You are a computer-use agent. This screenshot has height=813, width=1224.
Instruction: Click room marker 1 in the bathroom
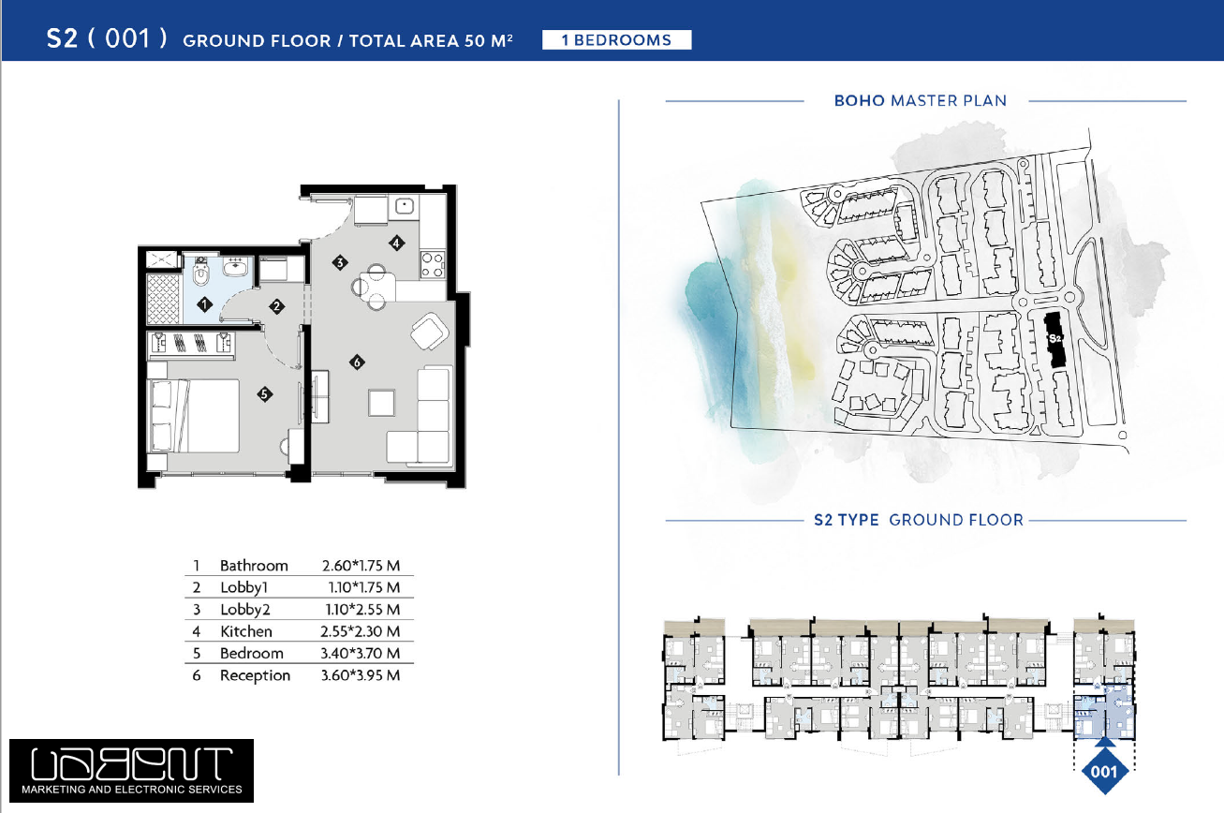click(x=204, y=303)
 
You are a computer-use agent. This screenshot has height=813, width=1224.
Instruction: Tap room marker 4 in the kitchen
click(x=397, y=243)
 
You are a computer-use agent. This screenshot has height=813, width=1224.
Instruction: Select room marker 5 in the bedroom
click(x=264, y=394)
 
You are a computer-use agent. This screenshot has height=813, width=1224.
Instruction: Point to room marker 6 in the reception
click(x=357, y=362)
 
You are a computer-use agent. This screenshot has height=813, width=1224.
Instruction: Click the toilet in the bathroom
click(x=201, y=272)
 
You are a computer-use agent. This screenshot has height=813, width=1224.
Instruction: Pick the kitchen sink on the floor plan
click(x=404, y=206)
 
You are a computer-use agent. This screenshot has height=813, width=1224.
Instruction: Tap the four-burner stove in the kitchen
click(x=433, y=264)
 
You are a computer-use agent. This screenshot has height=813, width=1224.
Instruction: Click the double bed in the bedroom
click(x=194, y=416)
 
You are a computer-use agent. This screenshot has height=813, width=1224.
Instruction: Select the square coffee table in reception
click(x=381, y=403)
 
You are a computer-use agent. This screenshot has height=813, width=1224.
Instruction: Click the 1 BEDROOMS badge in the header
click(x=616, y=40)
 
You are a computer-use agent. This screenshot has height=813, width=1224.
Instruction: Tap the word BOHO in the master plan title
click(x=859, y=100)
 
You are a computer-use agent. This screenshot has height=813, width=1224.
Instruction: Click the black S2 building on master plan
click(x=1054, y=340)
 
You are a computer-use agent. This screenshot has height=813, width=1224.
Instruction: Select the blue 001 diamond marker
click(x=1104, y=771)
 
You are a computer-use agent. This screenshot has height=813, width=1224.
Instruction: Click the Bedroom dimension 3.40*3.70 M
click(x=360, y=653)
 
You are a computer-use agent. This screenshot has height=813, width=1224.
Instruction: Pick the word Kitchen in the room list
click(x=246, y=631)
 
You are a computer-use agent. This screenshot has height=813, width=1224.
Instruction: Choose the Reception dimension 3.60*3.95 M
click(x=361, y=675)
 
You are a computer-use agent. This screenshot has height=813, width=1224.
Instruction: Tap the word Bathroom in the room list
click(x=254, y=566)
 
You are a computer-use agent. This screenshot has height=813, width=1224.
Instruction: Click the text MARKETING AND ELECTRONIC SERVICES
click(x=132, y=789)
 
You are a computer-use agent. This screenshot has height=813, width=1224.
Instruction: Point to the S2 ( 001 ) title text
click(x=107, y=38)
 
